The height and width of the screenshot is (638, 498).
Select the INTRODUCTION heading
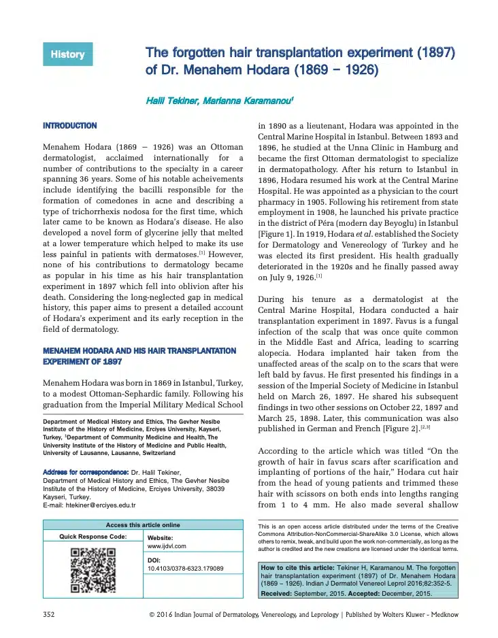(x=69, y=126)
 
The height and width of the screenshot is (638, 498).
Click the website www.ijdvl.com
(x=167, y=545)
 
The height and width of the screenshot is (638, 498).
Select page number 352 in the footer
(x=49, y=614)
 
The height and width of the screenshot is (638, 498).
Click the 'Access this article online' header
(x=143, y=524)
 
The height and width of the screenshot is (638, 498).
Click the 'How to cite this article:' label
(x=297, y=567)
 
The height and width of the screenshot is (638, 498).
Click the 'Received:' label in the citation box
(x=279, y=593)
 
